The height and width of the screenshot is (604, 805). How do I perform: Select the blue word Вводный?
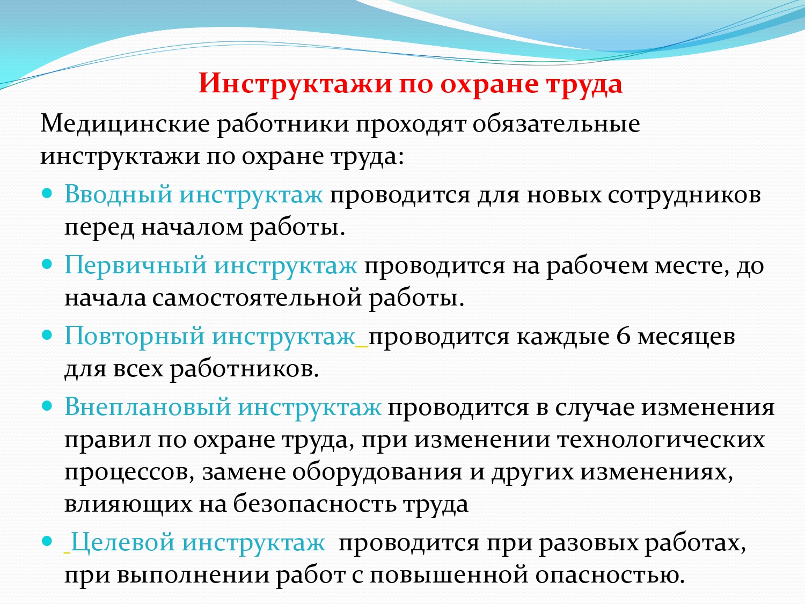pyautogui.click(x=118, y=194)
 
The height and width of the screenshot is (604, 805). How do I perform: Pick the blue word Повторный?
pyautogui.click(x=134, y=337)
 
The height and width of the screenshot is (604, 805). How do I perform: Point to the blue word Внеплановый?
pyautogui.click(x=148, y=407)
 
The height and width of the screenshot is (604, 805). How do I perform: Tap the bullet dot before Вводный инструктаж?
pyautogui.click(x=48, y=193)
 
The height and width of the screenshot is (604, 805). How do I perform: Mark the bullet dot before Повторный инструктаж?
pyautogui.click(x=48, y=335)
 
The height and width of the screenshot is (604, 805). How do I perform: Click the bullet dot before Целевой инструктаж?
pyautogui.click(x=48, y=541)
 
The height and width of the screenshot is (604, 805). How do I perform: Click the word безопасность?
pyautogui.click(x=314, y=504)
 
